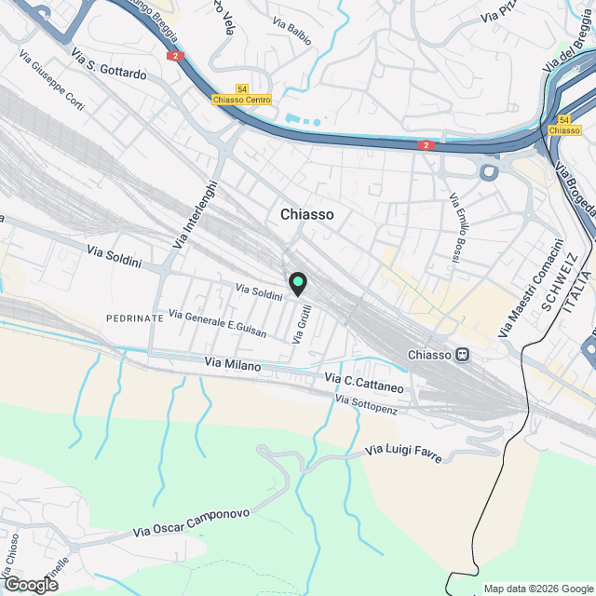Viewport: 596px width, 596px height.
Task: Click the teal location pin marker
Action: click(x=298, y=283)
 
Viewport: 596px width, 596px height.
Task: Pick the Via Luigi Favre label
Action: click(x=402, y=454)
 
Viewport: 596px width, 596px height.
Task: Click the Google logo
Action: click(x=30, y=585)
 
